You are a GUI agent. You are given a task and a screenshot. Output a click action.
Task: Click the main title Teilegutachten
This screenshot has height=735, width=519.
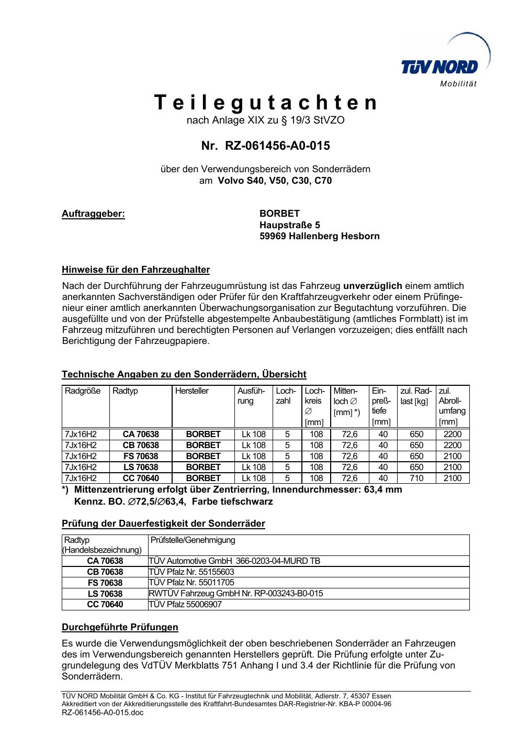click(266, 103)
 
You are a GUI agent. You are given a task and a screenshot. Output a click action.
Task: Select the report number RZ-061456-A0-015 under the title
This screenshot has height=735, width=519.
click(277, 146)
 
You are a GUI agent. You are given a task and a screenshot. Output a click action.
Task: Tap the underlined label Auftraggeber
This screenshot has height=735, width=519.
click(94, 214)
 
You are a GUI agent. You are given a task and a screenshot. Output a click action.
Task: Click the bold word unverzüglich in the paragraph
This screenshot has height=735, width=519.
click(372, 286)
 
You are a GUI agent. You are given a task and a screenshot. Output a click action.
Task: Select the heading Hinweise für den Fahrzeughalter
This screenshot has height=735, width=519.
click(136, 270)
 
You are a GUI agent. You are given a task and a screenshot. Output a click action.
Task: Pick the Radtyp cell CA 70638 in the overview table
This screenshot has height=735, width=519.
click(141, 434)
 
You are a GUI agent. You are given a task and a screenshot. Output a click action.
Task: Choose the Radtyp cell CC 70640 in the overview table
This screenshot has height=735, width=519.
click(141, 478)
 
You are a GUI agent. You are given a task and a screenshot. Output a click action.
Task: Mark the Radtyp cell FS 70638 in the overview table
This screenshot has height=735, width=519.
click(141, 456)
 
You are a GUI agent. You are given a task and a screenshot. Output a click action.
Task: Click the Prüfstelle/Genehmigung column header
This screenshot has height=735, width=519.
click(193, 540)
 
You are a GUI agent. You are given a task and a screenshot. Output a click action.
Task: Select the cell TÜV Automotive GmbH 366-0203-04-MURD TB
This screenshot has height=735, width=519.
click(234, 561)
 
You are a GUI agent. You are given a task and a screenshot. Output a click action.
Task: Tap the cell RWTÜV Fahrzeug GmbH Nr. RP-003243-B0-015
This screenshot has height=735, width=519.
click(236, 593)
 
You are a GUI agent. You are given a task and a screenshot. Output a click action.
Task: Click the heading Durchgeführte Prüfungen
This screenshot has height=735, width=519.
click(120, 627)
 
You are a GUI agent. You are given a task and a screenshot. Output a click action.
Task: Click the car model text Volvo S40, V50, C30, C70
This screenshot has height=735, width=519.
click(274, 181)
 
